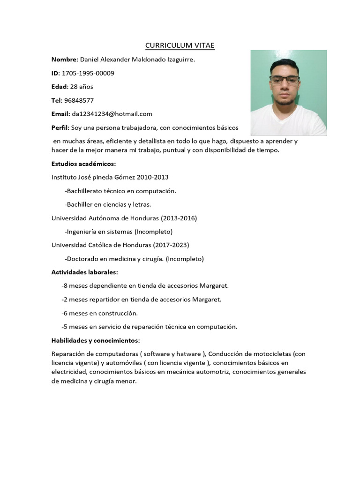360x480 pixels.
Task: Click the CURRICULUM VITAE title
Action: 180,45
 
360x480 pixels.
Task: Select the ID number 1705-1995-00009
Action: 88,73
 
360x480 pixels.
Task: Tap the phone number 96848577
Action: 79,100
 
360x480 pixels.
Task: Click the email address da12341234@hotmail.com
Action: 112,114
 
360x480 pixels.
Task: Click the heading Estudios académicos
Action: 83,164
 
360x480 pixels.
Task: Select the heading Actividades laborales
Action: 84,272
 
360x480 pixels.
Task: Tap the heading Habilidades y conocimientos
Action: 96,340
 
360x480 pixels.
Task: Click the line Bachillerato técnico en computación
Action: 121,191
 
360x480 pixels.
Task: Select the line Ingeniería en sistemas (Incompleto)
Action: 119,232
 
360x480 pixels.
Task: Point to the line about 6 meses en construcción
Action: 99,313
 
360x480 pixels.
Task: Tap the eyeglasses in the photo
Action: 285,80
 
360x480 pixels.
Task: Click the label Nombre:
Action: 65,60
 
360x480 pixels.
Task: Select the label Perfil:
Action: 60,127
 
